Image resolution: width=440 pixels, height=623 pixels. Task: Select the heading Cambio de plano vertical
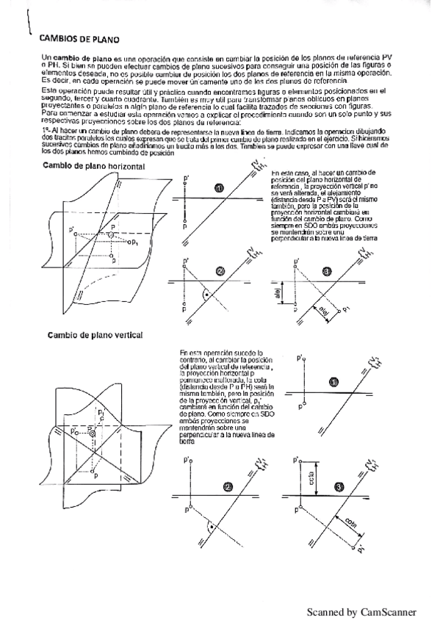pos(95,335)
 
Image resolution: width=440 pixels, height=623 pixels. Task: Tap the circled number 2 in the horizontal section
pos(220,271)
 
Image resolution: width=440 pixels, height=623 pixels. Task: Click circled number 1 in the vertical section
pos(334,382)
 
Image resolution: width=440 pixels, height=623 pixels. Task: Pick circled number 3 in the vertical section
pos(338,486)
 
